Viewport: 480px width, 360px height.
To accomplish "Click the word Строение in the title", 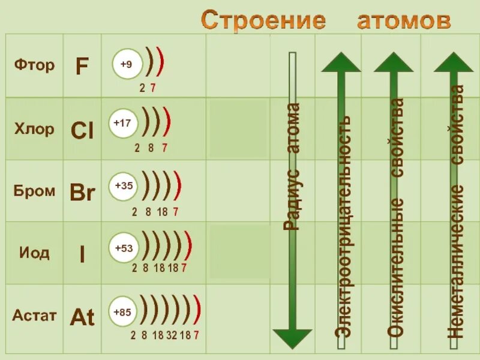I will pyautogui.click(x=263, y=20).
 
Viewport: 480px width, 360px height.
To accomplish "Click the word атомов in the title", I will pyautogui.click(x=404, y=20).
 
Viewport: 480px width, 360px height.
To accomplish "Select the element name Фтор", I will pyautogui.click(x=34, y=65).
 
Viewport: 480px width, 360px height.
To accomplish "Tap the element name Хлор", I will pyautogui.click(x=34, y=129).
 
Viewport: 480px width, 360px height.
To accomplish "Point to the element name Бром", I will pyautogui.click(x=34, y=191).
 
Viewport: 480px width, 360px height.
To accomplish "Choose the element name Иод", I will pyautogui.click(x=34, y=253).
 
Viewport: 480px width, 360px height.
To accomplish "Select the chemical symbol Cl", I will pyautogui.click(x=82, y=130).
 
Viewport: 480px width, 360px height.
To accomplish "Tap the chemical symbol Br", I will pyautogui.click(x=82, y=193).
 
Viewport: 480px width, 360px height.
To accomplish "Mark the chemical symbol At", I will pyautogui.click(x=82, y=317).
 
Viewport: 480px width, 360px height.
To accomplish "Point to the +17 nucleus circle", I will pyautogui.click(x=122, y=123).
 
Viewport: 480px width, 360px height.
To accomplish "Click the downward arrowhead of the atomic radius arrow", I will pyautogui.click(x=292, y=338).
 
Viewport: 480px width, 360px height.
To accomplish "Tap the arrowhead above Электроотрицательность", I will pyautogui.click(x=341, y=62).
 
